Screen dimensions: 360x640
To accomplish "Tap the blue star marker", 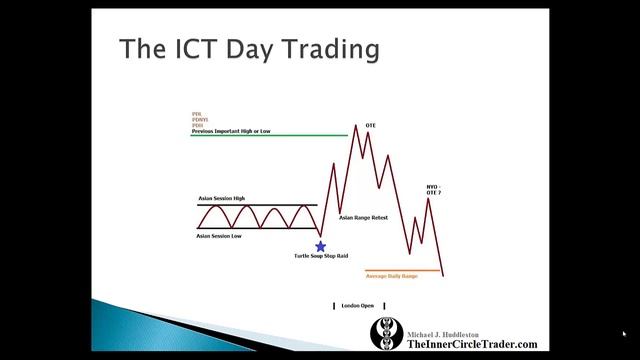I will (320, 246).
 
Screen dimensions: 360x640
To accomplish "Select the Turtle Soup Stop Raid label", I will (320, 257).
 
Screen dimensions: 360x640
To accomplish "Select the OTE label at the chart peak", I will (370, 125).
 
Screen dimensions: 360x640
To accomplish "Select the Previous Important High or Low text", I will (231, 131).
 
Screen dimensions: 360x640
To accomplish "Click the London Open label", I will (359, 305).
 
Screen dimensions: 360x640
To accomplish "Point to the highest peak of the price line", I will (356, 125).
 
